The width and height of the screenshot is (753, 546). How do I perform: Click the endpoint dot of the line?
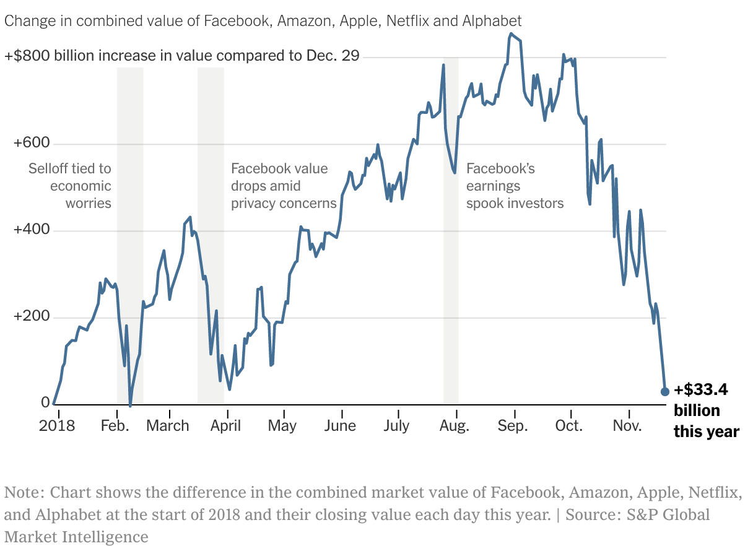(665, 391)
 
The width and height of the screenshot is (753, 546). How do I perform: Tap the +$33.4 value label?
(701, 390)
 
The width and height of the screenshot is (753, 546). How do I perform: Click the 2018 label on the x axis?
(56, 426)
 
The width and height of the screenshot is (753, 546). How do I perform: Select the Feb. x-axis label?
(115, 426)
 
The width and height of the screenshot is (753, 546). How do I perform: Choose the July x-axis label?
(396, 426)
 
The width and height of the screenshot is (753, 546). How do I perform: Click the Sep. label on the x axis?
(513, 426)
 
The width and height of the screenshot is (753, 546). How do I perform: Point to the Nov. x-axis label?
(628, 426)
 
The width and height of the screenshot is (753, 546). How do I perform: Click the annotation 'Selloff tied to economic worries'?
(70, 186)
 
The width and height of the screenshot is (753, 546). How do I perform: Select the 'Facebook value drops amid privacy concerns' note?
(284, 186)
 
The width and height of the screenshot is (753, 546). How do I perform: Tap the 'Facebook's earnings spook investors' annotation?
(515, 186)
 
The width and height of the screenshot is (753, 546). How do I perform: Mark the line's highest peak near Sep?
(510, 33)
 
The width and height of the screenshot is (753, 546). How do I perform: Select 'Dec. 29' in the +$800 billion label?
(333, 56)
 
